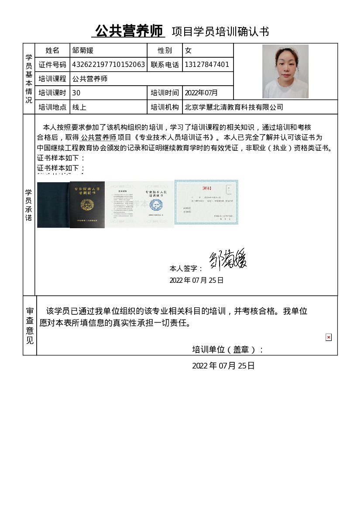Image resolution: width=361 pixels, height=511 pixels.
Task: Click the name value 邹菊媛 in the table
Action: [83, 51]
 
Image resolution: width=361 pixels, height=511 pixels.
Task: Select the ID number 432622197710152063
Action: [108, 65]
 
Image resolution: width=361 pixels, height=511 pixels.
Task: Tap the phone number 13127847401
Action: [207, 65]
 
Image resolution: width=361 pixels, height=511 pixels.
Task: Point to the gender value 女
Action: [188, 51]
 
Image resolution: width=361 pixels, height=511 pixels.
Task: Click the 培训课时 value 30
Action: [76, 93]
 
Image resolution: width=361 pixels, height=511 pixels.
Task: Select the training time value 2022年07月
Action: [201, 93]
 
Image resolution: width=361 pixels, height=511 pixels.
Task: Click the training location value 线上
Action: [79, 107]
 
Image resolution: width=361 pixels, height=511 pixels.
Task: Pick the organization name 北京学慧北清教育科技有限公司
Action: [234, 107]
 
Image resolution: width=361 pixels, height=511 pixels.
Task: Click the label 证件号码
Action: [52, 65]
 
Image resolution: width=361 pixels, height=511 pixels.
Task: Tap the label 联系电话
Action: [165, 65]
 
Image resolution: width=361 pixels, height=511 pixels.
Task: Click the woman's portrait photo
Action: [285, 71]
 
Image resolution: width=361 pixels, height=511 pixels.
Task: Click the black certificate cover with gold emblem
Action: [87, 205]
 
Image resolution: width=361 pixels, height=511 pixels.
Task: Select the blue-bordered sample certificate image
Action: [206, 202]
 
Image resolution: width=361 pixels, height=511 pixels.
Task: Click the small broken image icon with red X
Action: [329, 337]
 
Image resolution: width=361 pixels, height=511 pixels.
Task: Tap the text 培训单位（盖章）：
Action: [228, 349]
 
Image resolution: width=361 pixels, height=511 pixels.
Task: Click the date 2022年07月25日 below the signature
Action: [196, 280]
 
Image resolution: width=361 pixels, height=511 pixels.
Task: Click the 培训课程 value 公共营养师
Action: [89, 79]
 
